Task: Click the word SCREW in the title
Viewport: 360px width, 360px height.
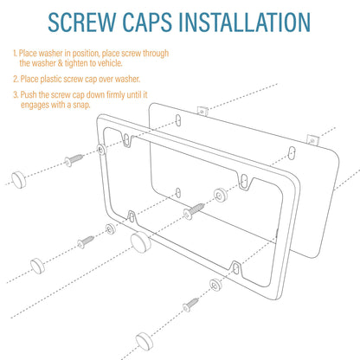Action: click(x=83, y=22)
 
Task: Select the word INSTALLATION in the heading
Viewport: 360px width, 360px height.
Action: click(x=244, y=22)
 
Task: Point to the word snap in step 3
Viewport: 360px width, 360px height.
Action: click(x=81, y=105)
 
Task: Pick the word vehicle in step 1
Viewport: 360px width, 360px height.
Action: click(x=110, y=63)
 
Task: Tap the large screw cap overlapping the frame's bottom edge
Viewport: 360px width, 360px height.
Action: click(x=140, y=242)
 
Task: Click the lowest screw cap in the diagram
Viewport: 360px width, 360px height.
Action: click(x=145, y=340)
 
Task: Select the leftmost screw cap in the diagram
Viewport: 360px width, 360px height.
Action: click(x=19, y=179)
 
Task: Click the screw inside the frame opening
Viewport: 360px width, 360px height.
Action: click(x=194, y=211)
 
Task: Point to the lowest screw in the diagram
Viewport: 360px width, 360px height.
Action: click(x=190, y=305)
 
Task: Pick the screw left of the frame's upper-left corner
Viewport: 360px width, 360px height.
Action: click(x=74, y=160)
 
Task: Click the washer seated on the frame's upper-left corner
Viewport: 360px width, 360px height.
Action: click(x=102, y=149)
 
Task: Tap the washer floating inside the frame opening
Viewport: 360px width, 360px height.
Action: click(x=221, y=196)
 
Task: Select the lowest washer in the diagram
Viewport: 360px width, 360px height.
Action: click(x=215, y=285)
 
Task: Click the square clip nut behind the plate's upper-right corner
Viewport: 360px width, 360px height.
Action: click(x=312, y=140)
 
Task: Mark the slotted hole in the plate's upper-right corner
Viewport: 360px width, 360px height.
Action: click(x=292, y=153)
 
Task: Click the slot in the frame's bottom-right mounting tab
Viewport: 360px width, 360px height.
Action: click(x=235, y=268)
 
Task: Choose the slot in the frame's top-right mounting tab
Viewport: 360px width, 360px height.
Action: click(x=244, y=180)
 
